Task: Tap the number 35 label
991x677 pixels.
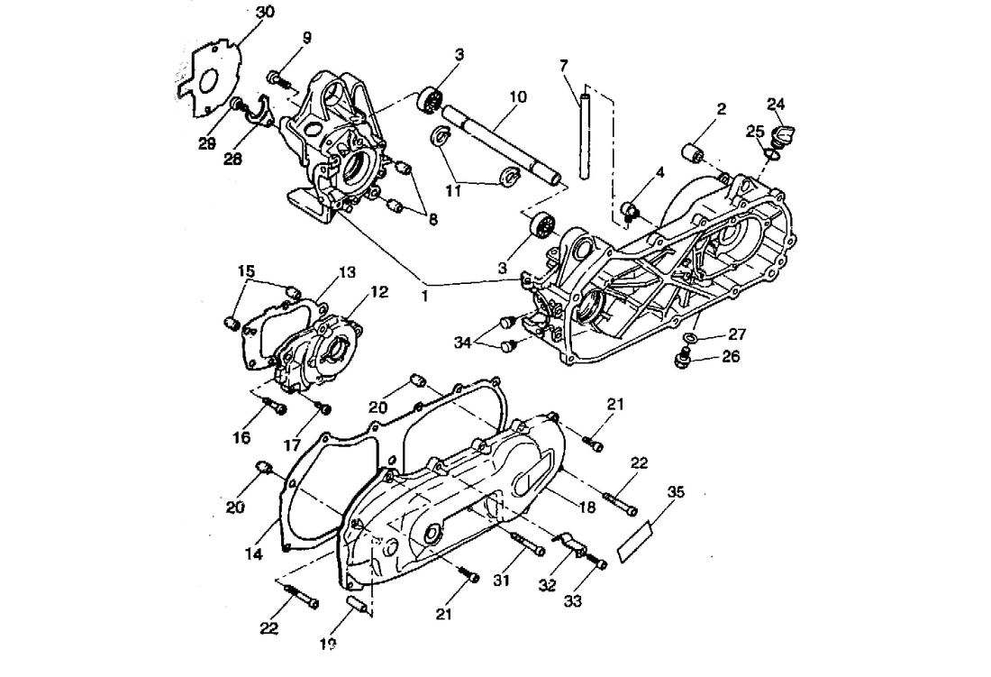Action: (677, 492)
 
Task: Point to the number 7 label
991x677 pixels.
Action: (564, 66)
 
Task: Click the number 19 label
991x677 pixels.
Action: (327, 644)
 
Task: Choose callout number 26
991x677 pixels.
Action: (730, 356)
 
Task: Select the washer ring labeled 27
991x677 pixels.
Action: (689, 338)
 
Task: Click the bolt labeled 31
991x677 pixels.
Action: (528, 543)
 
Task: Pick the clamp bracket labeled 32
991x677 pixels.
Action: (569, 543)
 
